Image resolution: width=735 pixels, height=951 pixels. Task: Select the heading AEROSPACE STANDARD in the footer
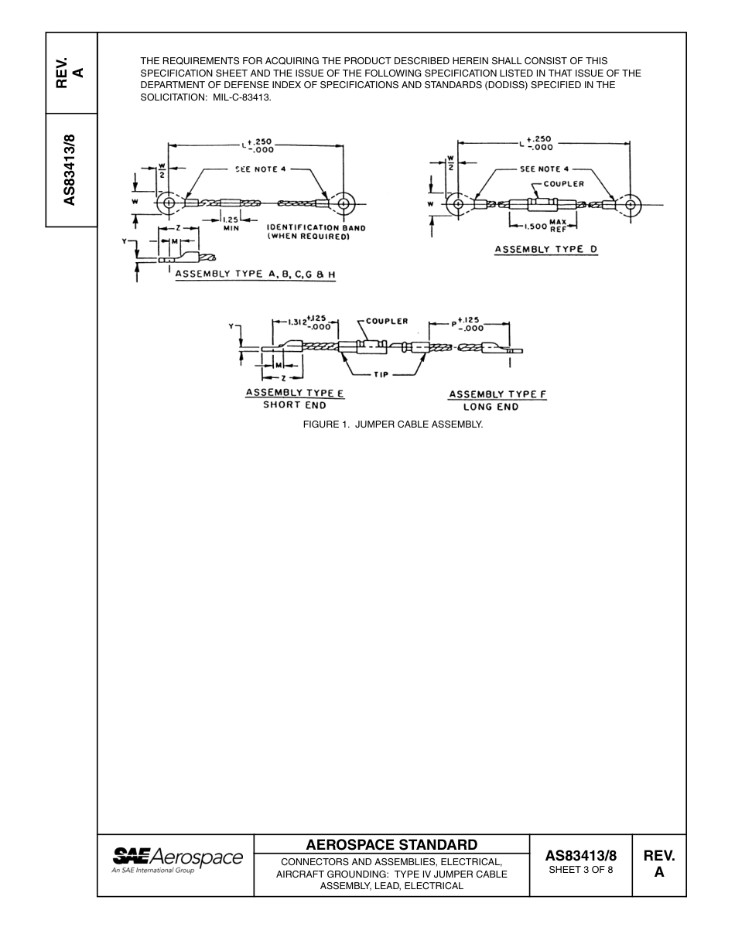tap(391, 844)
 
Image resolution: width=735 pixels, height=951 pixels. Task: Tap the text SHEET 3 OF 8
tap(580, 870)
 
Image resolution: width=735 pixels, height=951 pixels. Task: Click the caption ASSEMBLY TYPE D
tap(546, 249)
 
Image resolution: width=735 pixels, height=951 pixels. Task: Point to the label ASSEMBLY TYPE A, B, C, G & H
tap(255, 274)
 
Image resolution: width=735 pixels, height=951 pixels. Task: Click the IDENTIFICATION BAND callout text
tap(316, 232)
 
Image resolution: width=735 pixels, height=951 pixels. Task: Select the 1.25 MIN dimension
tap(231, 223)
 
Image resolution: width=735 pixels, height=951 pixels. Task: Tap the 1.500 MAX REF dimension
tap(545, 226)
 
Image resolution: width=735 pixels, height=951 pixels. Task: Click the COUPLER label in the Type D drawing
tap(563, 184)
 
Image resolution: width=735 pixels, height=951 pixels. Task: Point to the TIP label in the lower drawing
tap(381, 374)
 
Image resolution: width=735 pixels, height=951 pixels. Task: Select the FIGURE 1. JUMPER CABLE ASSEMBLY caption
tap(392, 424)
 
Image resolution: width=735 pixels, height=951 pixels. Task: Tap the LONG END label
tap(497, 407)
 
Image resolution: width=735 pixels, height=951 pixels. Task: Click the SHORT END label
tap(295, 405)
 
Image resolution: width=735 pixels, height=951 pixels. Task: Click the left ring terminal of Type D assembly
tap(458, 205)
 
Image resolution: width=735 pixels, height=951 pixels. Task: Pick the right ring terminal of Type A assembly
tap(343, 203)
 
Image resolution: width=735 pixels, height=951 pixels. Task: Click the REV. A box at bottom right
tap(658, 864)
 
